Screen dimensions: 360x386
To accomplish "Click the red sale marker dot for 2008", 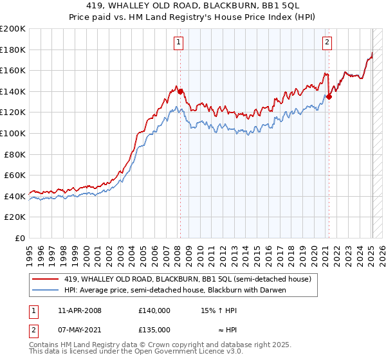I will click(x=180, y=91).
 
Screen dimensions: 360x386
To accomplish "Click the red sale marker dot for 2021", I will click(x=329, y=96).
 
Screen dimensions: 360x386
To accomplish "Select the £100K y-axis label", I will click(x=13, y=133).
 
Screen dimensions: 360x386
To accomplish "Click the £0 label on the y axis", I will click(x=20, y=238).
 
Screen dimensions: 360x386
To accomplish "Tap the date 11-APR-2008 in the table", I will click(x=80, y=310).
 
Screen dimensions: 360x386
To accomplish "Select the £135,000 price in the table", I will click(x=154, y=329).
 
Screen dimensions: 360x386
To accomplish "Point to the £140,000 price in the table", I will click(x=154, y=310).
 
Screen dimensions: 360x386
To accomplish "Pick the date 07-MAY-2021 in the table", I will click(x=80, y=329).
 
